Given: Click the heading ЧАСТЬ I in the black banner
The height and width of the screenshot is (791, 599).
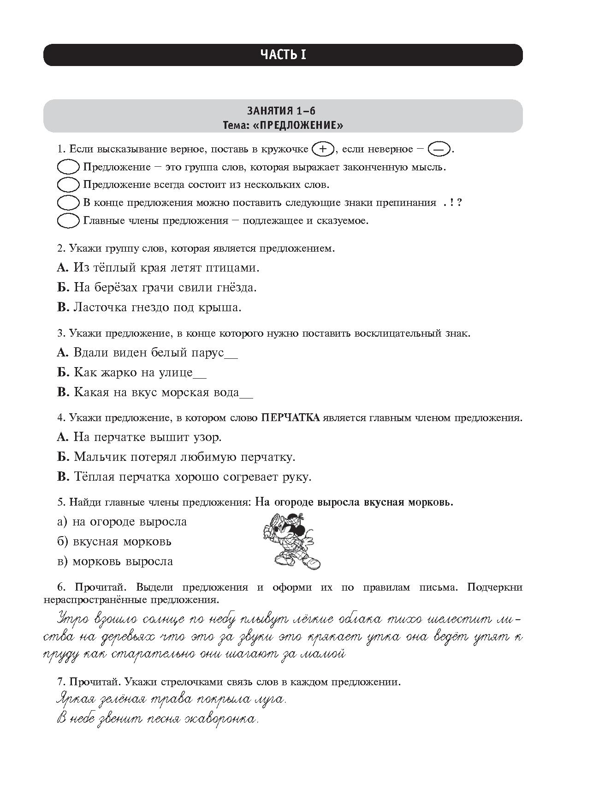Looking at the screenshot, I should click(x=283, y=55).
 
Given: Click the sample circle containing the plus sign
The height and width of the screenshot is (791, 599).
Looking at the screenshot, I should click(x=323, y=149).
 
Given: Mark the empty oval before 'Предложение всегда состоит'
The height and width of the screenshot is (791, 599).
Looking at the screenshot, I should click(x=68, y=185).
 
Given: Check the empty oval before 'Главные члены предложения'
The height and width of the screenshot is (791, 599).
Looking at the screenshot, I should click(x=68, y=221).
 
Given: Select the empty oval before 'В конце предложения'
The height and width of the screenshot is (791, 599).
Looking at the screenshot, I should click(x=68, y=203).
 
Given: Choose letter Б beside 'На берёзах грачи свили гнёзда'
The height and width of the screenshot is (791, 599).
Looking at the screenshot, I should click(x=63, y=288).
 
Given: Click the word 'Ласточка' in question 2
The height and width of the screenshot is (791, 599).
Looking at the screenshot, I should click(x=99, y=308).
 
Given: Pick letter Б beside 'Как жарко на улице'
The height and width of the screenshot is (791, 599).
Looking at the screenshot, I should click(x=63, y=373).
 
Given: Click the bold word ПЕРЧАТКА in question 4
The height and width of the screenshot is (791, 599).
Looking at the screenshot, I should click(x=291, y=418).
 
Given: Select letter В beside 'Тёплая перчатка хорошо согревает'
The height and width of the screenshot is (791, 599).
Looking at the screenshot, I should click(x=63, y=477).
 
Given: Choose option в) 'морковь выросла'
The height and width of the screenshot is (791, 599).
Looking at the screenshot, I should click(x=115, y=562).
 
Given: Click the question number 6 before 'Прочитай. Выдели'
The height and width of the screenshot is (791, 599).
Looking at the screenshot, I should click(x=60, y=587).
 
